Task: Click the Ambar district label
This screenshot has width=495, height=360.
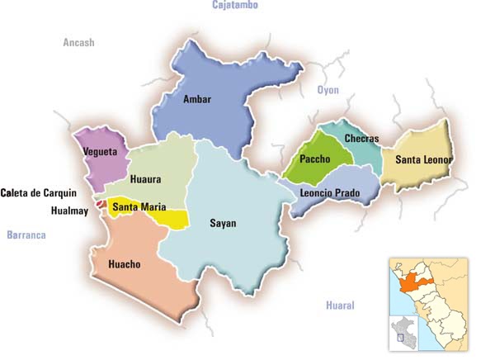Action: click(197, 100)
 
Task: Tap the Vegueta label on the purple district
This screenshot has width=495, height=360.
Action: click(100, 152)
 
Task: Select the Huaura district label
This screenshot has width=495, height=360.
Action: click(145, 179)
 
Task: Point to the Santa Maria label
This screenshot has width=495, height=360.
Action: click(139, 206)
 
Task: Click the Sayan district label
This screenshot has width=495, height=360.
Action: click(223, 223)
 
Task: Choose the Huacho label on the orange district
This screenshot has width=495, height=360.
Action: click(124, 264)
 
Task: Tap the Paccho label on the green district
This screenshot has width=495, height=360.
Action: click(315, 159)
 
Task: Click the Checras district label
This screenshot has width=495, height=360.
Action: click(361, 138)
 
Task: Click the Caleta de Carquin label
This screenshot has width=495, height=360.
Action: click(39, 193)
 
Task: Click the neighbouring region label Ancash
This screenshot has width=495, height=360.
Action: click(79, 42)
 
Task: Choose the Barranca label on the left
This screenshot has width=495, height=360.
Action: click(26, 235)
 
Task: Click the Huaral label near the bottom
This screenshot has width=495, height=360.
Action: click(339, 306)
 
